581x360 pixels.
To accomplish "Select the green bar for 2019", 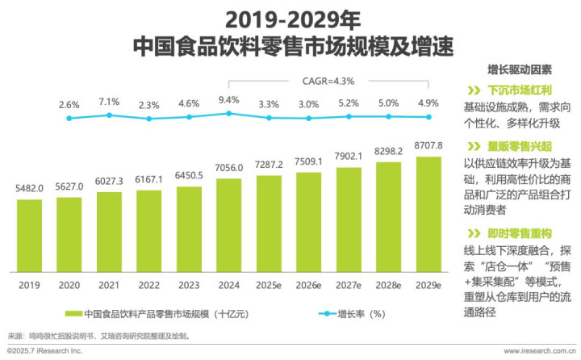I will [29, 236].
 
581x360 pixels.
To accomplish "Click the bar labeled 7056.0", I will [228, 226].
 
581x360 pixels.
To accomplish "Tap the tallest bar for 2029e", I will [428, 215].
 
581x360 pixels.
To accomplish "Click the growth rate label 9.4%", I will [228, 100].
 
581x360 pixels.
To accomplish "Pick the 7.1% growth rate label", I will [109, 102].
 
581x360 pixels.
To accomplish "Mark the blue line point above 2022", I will [149, 119].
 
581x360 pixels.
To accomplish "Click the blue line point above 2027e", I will [349, 116].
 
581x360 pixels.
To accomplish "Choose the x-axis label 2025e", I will [269, 285].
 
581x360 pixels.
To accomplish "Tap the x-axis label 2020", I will [69, 285].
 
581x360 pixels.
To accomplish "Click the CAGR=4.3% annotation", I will [328, 81].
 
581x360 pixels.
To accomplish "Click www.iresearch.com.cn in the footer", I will [538, 351].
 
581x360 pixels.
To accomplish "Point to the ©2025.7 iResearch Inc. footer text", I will [45, 351].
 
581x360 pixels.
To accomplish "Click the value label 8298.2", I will [388, 150].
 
